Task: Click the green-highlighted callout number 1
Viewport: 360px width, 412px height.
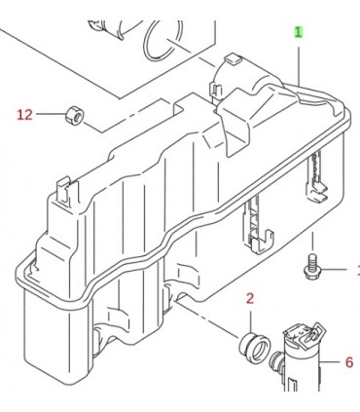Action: pyautogui.click(x=298, y=32)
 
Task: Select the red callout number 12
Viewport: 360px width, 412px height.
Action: pyautogui.click(x=25, y=114)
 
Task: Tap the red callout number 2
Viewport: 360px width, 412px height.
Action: pyautogui.click(x=250, y=299)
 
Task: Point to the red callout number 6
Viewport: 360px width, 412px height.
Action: pyautogui.click(x=349, y=362)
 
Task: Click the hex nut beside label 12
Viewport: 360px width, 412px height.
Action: pyautogui.click(x=75, y=114)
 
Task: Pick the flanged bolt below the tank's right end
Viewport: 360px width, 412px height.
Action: pyautogui.click(x=311, y=266)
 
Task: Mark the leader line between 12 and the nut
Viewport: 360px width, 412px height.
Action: pyautogui.click(x=51, y=114)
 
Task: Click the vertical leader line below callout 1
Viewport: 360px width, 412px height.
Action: pyautogui.click(x=299, y=66)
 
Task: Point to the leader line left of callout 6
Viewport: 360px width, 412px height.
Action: pyautogui.click(x=330, y=362)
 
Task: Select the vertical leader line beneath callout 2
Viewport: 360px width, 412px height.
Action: pyautogui.click(x=250, y=322)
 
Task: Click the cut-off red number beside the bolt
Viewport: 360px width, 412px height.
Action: pyautogui.click(x=358, y=270)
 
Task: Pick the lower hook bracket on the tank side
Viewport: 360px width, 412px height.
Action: pyautogui.click(x=259, y=225)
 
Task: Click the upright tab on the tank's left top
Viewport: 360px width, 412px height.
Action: pyautogui.click(x=66, y=191)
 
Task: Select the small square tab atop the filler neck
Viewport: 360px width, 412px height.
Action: pyautogui.click(x=233, y=59)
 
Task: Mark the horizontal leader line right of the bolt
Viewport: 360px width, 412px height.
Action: pyautogui.click(x=334, y=269)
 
